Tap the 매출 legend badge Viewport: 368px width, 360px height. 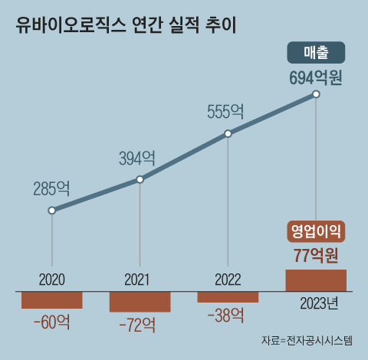316,54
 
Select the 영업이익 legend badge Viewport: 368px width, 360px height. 316,231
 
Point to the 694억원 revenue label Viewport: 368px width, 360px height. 316,77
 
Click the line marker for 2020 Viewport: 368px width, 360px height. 51,210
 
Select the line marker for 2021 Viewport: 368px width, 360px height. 140,179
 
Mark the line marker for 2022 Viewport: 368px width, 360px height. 228,134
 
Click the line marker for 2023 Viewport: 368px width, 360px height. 316,95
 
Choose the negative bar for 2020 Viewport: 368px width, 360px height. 51,300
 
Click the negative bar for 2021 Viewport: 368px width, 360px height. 140,302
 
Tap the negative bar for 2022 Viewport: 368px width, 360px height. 228,297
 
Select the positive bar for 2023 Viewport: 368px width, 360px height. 316,280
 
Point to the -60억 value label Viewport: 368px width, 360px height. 51,322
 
